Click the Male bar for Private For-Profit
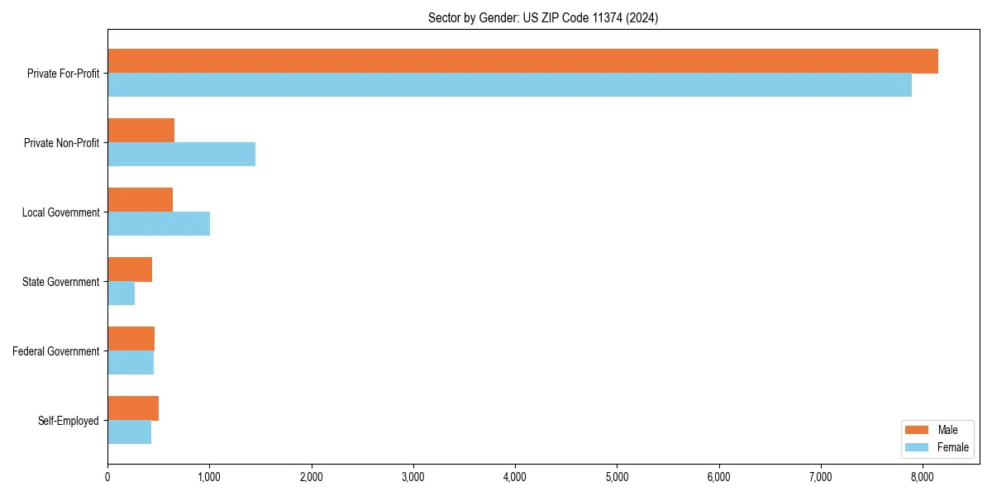click(522, 61)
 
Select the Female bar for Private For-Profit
click(509, 85)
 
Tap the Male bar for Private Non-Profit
click(141, 131)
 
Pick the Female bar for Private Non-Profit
click(181, 155)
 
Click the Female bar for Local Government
click(159, 224)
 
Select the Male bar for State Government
click(130, 269)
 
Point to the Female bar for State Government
click(121, 293)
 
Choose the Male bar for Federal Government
click(131, 339)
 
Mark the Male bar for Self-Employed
click(133, 408)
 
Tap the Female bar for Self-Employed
click(129, 432)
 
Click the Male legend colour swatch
click(918, 430)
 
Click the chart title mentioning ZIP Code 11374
click(543, 17)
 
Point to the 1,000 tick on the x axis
click(209, 476)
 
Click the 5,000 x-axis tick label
click(617, 476)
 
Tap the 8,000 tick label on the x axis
click(923, 476)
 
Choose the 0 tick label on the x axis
click(107, 476)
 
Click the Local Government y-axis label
click(60, 212)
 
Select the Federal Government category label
click(55, 351)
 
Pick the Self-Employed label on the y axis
click(68, 421)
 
